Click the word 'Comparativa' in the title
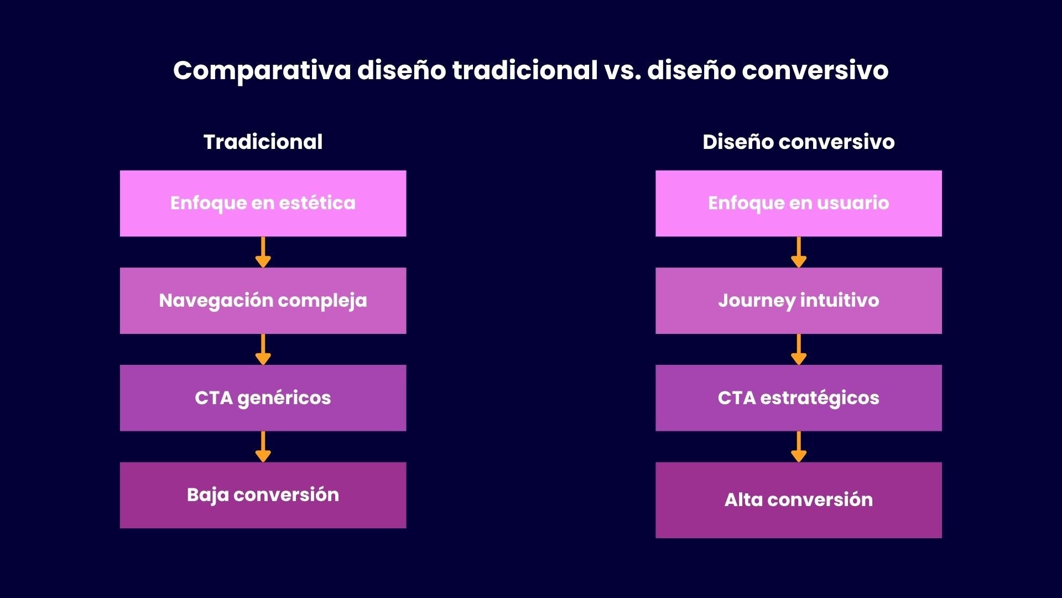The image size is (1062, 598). pos(262,70)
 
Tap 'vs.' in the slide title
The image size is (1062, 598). pos(622,70)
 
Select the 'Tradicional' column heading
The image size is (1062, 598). pos(263,142)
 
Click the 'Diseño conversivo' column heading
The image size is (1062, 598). pos(798,142)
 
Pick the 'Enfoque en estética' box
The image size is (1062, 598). pos(263,203)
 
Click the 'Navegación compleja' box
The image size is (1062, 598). pos(263,301)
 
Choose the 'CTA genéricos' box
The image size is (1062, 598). pos(263,398)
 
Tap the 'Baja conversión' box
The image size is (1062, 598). pos(263,495)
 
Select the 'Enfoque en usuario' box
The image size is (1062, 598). pos(798,203)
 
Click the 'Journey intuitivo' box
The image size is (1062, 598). pos(798,301)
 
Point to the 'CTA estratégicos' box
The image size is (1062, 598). pos(798,398)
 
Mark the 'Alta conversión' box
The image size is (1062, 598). pos(798,499)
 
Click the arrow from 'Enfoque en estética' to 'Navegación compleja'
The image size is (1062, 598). pos(263,252)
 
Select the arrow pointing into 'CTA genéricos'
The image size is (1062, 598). pos(263,349)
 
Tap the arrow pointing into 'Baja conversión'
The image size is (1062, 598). pos(263,447)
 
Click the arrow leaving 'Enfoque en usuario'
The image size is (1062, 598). pos(798,252)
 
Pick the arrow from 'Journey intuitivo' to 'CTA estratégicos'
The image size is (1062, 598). pos(798,349)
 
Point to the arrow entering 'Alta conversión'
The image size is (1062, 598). pos(798,447)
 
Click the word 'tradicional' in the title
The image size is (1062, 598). pos(524,70)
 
